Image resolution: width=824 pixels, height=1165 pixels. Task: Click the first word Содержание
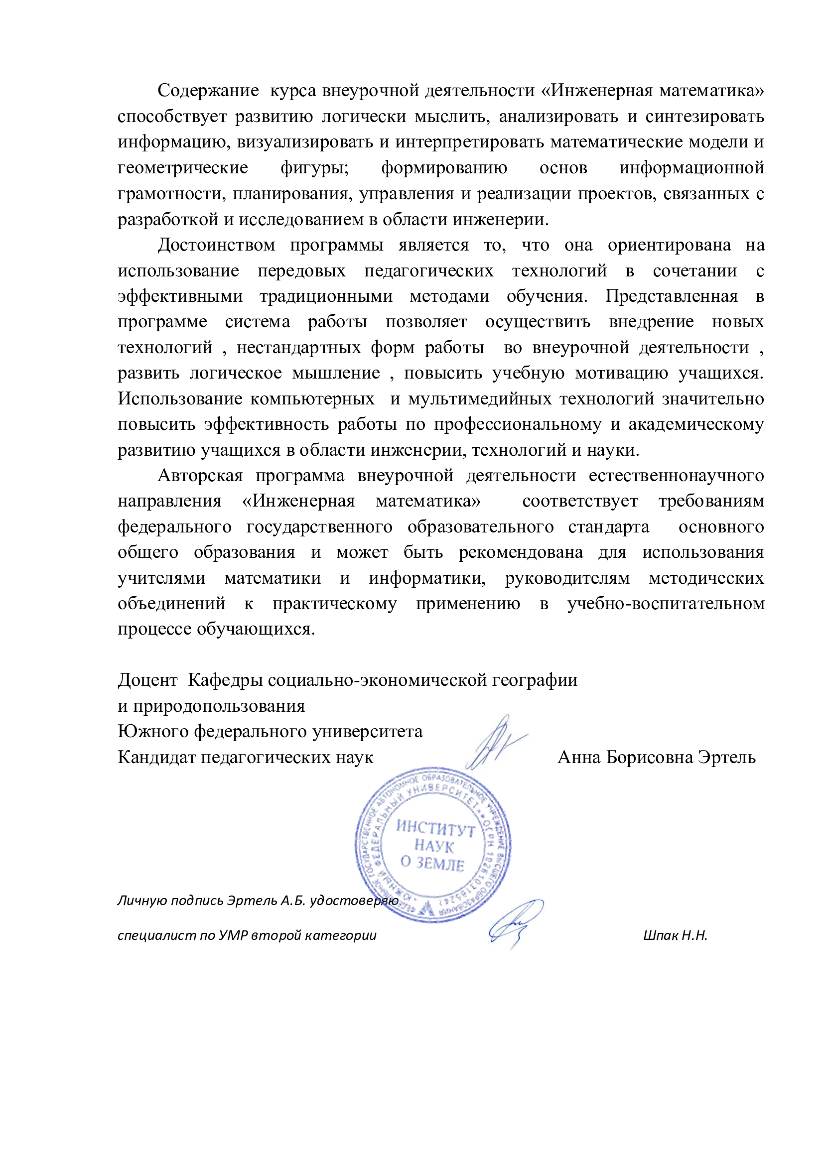[208, 90]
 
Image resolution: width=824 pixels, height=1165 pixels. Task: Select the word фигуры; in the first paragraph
[314, 168]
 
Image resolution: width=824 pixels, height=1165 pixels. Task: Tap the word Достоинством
[216, 245]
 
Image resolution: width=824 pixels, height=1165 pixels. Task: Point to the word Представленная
[671, 296]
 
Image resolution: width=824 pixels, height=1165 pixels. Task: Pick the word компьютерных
[312, 399]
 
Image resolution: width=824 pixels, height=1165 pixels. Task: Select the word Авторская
[200, 476]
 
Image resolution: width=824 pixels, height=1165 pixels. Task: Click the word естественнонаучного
[676, 476]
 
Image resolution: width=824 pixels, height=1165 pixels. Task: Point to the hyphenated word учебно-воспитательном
[666, 604]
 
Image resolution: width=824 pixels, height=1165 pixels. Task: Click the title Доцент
[147, 680]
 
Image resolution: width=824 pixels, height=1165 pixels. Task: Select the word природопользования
[219, 706]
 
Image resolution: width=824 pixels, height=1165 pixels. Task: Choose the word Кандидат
[157, 757]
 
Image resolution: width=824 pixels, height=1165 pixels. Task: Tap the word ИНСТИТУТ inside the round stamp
[435, 828]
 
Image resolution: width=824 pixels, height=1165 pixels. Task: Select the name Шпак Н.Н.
[675, 935]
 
